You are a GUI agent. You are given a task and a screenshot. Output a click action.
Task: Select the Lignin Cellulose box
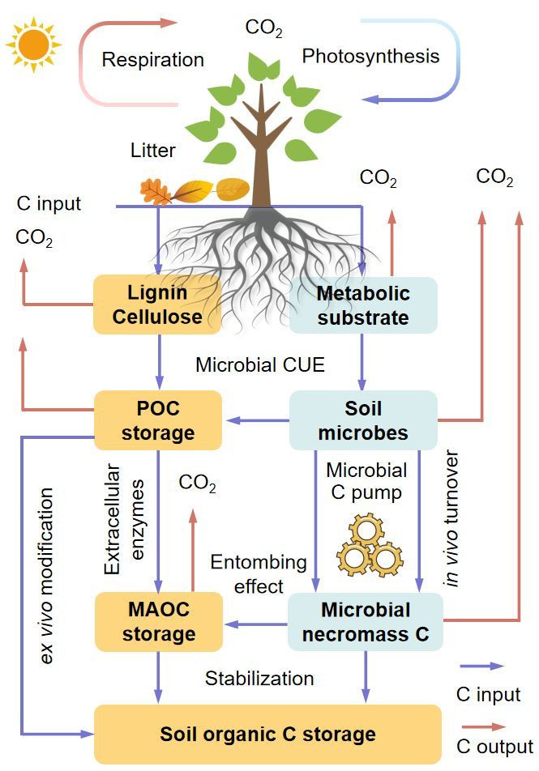pos(157,305)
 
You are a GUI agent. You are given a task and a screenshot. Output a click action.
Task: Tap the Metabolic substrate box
pos(363,305)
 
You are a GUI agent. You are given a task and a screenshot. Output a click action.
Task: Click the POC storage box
pos(157,420)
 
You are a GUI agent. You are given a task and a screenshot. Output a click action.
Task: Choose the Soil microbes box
pos(363,420)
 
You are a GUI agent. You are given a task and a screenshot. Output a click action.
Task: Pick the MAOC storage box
pos(157,621)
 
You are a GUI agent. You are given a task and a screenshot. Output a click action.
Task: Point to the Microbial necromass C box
pos(366,621)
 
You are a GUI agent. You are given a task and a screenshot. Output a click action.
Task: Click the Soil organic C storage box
pos(267,734)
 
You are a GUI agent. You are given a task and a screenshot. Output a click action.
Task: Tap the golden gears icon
pos(368,546)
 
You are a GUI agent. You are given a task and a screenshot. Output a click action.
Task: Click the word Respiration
pos(153,60)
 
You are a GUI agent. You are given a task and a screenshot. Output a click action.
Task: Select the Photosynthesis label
pos(370,56)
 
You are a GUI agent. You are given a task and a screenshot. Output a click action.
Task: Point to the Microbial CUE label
pos(259,364)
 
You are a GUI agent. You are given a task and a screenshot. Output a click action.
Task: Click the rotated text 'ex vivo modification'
pos(48,575)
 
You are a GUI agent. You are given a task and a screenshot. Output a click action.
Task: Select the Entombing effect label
pos(247,573)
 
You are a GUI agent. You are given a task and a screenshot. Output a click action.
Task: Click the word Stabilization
pos(259,677)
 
